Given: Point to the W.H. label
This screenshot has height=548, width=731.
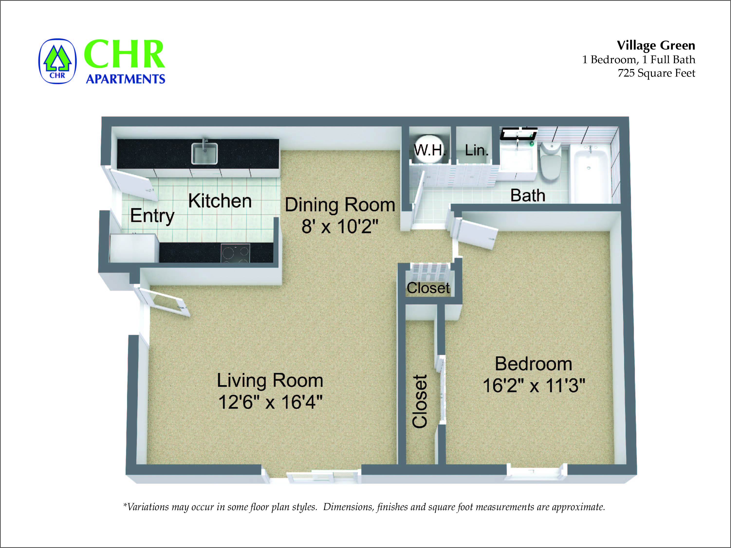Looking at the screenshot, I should tap(430, 150).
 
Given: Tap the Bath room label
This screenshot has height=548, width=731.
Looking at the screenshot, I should tap(527, 195).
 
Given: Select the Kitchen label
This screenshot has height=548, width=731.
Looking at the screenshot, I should tap(220, 201).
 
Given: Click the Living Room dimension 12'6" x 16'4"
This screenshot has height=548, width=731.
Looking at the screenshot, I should tap(270, 402).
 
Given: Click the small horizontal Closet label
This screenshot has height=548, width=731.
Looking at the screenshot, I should tap(428, 288).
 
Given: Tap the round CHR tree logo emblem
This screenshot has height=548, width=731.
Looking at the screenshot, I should tap(57, 62).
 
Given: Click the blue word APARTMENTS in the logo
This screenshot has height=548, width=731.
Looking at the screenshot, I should tap(125, 79).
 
